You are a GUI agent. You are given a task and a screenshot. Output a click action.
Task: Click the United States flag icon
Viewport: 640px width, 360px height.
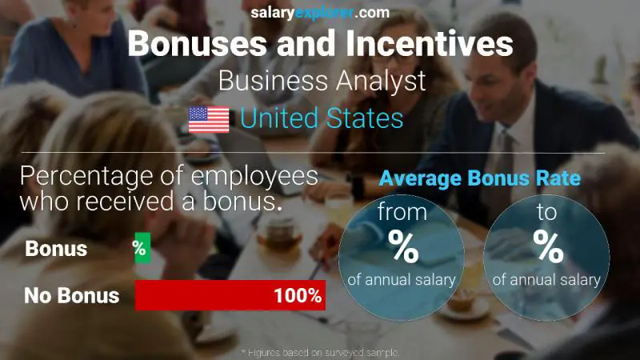pos(209,120)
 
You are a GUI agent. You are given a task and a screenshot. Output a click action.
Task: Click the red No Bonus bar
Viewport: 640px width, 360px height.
pos(204,295)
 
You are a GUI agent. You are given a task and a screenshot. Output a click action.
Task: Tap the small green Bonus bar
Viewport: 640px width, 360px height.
pos(140,249)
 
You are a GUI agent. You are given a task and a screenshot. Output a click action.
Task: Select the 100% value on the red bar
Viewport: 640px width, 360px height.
pos(297,295)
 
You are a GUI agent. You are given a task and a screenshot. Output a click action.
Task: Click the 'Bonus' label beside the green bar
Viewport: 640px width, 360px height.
pos(56,249)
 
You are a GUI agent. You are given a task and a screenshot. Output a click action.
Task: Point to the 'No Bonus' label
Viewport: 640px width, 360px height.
pos(71,295)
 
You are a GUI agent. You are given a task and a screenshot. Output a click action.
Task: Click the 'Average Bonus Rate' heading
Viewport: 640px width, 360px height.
pos(479,178)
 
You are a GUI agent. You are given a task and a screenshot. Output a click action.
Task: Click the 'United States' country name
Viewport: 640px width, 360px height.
pos(322,120)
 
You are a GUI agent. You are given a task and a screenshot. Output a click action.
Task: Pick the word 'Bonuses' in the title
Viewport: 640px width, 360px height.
pos(197,43)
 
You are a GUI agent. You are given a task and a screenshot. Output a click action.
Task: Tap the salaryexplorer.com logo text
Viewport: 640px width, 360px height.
pos(320,13)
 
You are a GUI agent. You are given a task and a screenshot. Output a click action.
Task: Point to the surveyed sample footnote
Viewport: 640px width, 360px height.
pos(320,352)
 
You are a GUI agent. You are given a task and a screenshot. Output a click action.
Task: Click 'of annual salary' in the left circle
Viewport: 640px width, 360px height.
pos(402,279)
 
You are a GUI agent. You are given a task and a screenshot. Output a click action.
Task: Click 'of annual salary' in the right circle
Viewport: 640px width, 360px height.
pos(546,279)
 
